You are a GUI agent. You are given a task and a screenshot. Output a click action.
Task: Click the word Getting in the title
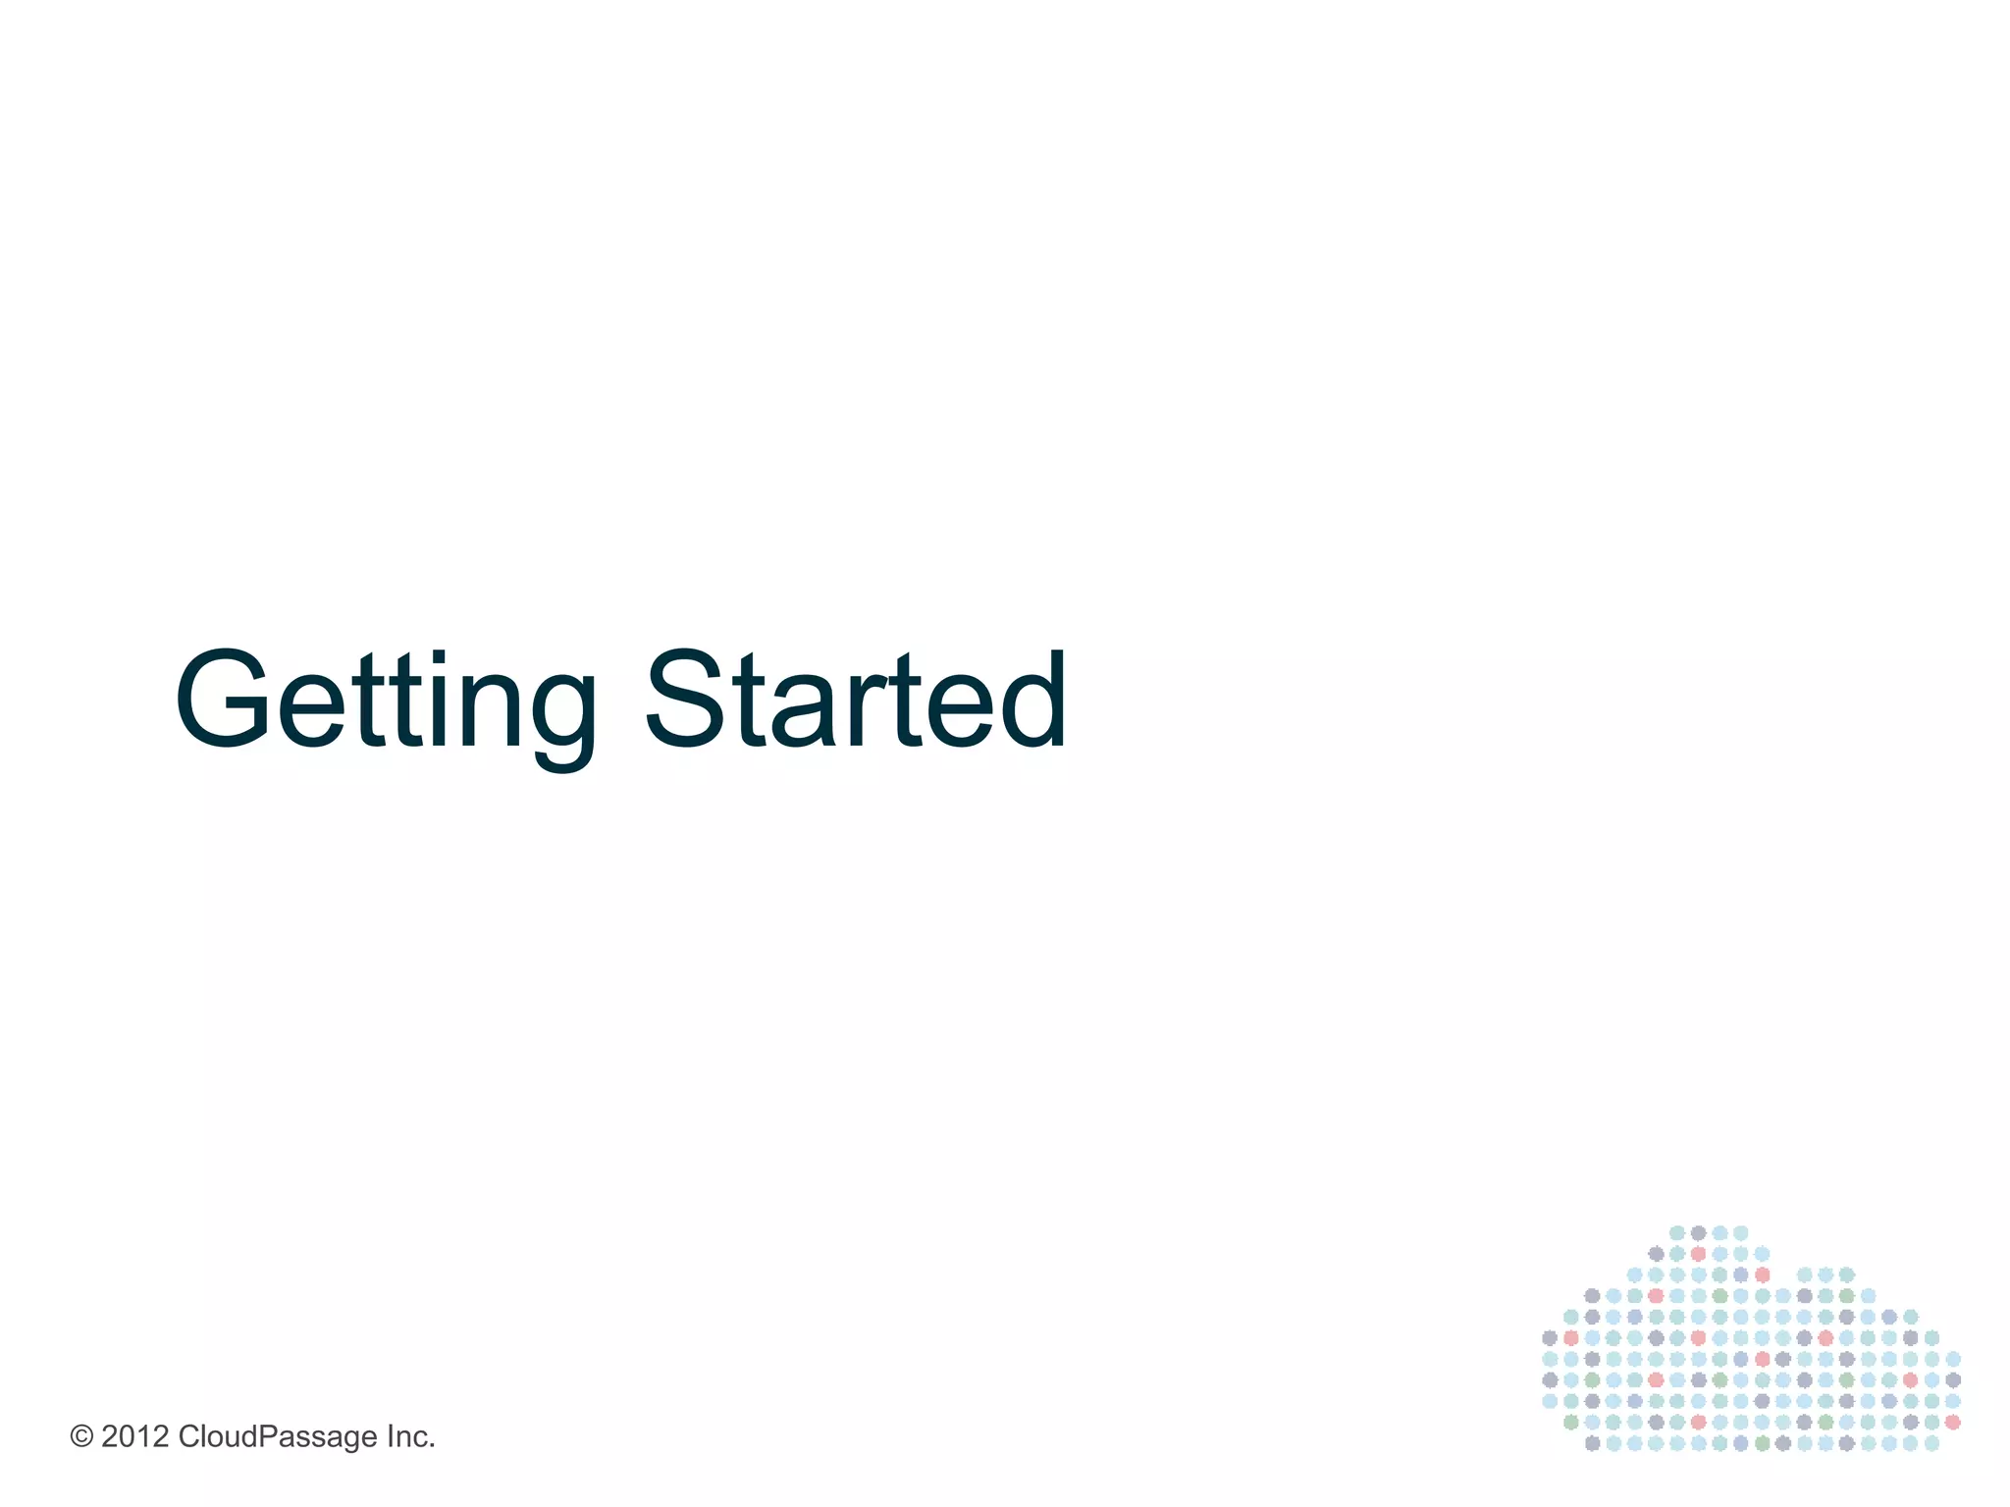click(385, 702)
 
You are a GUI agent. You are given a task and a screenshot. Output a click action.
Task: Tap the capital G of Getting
click(224, 699)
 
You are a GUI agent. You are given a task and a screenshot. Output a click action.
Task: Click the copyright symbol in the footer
click(81, 1437)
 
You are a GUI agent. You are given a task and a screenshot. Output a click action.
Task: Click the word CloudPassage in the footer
click(277, 1437)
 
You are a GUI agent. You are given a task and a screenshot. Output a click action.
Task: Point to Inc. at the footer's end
click(410, 1437)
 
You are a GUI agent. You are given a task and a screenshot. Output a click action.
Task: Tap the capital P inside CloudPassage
click(265, 1436)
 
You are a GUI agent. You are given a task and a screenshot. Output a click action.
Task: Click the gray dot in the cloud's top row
click(1698, 1233)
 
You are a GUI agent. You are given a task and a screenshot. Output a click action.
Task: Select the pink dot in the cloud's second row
click(1698, 1254)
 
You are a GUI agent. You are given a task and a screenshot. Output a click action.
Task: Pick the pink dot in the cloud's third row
click(1762, 1275)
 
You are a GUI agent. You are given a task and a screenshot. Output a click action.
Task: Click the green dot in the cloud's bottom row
click(1762, 1443)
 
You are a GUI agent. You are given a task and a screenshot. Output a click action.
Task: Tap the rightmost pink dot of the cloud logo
click(1952, 1422)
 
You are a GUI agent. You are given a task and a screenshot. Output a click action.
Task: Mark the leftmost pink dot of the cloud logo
click(1570, 1338)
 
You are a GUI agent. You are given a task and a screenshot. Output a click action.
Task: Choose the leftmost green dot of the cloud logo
click(1570, 1422)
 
